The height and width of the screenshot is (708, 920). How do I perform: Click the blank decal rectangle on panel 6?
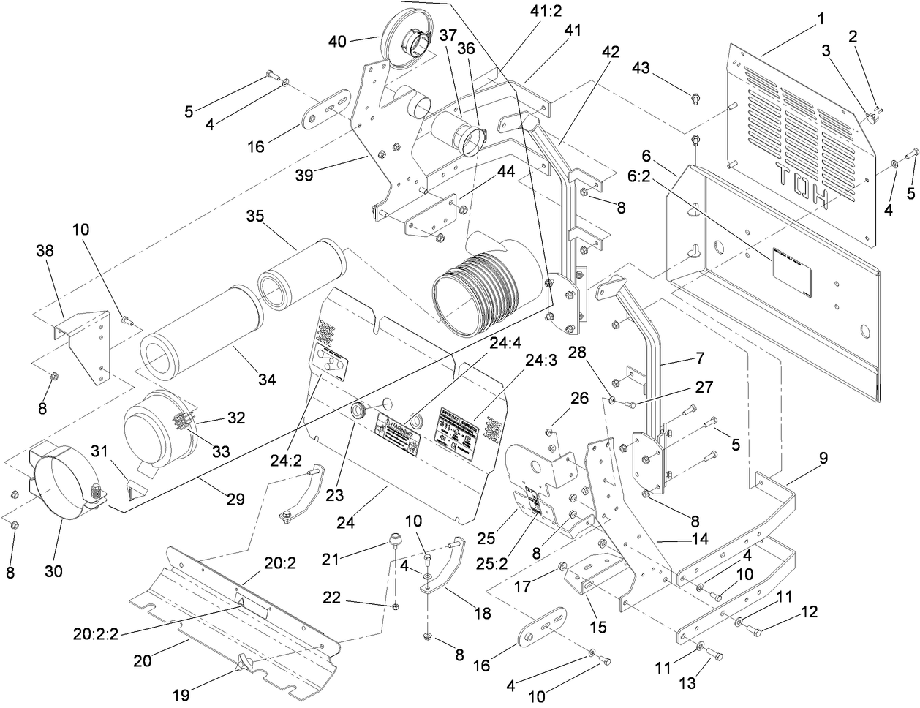792,280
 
